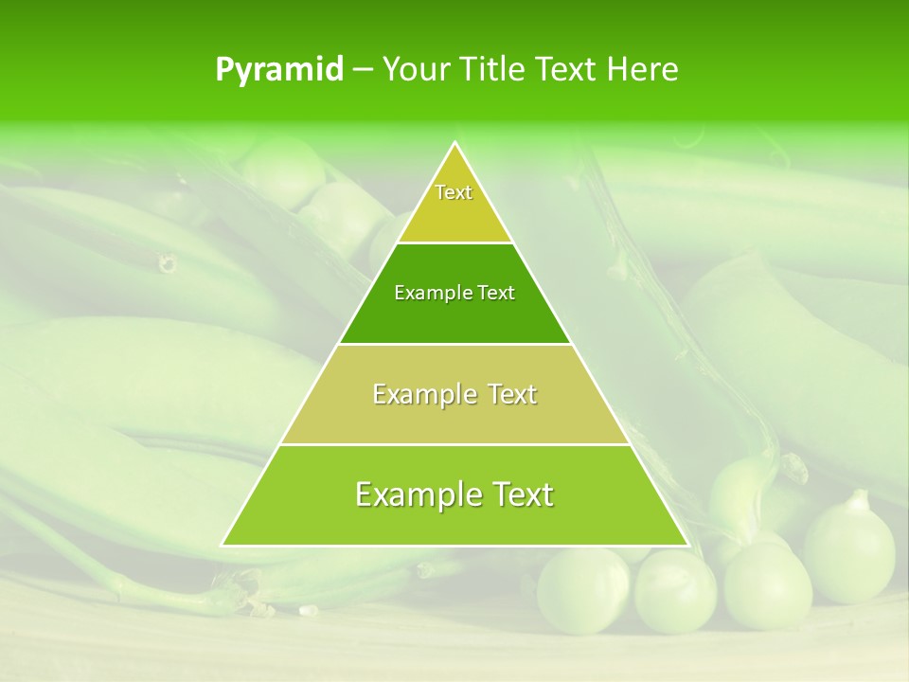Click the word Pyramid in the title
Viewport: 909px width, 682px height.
click(279, 70)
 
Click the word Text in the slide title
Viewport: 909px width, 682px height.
click(565, 69)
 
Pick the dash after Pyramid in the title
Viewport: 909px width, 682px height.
click(363, 70)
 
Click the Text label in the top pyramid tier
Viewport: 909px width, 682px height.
click(454, 192)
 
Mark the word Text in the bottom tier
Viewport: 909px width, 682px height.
click(518, 494)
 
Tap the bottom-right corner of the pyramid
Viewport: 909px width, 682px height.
click(687, 545)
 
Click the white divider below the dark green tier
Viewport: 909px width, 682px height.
click(454, 344)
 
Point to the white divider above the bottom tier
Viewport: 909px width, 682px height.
click(454, 444)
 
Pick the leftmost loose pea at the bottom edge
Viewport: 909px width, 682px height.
click(582, 589)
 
